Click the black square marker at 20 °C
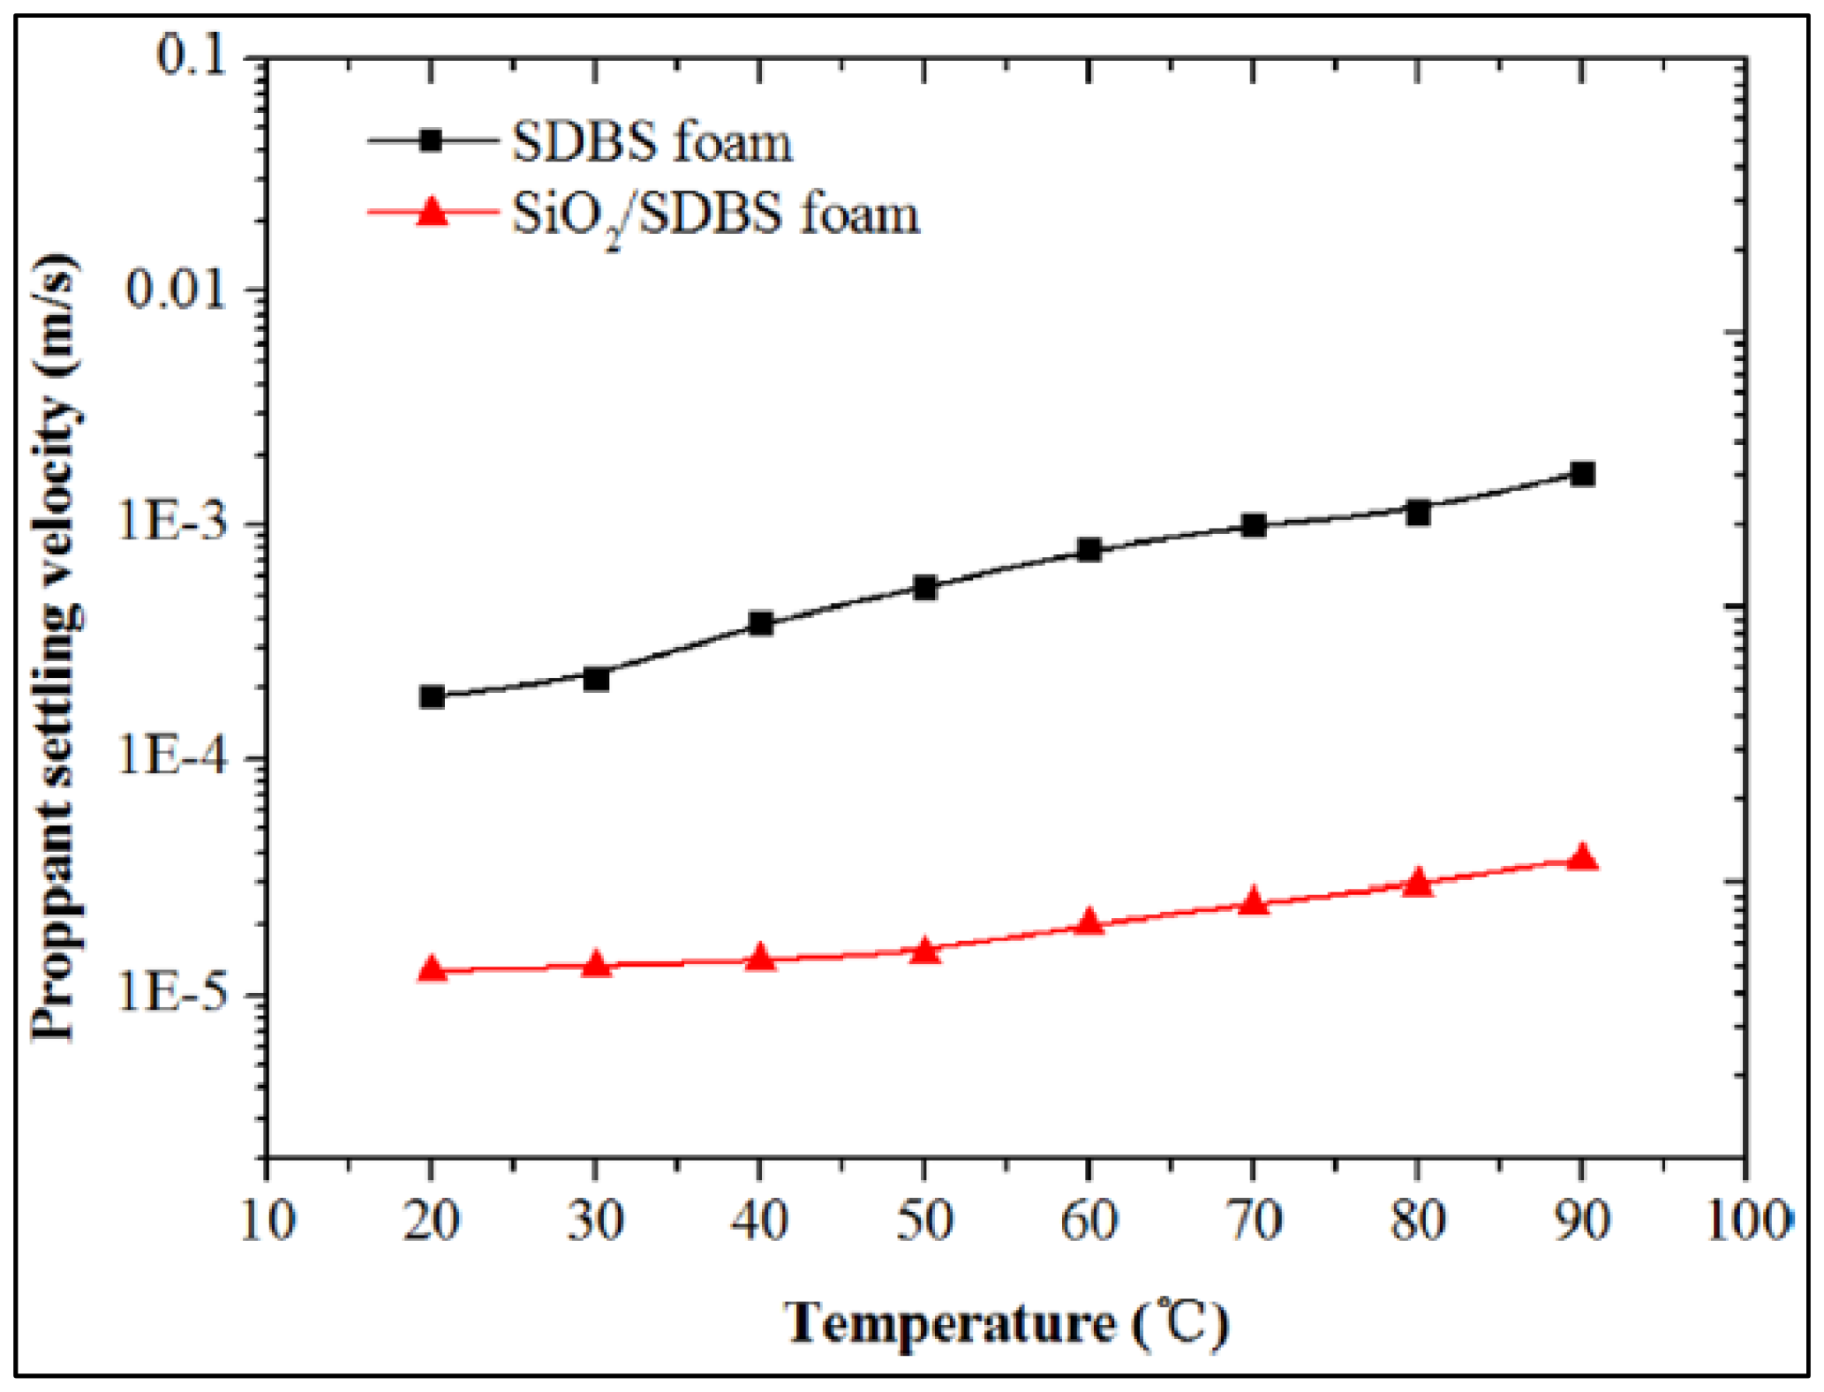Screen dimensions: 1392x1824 432,696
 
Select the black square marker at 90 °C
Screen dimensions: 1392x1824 1582,474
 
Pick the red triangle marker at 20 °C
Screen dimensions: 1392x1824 432,969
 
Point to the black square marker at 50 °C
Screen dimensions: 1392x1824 924,587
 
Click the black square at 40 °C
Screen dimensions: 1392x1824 760,623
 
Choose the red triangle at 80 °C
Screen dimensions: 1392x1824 1418,882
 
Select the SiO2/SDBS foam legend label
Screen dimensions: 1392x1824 715,214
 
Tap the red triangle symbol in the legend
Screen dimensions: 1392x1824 432,212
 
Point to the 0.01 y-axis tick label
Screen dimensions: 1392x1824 176,288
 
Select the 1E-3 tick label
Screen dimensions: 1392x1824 172,523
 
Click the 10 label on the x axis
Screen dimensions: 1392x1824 268,1222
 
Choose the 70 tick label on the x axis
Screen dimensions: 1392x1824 1253,1222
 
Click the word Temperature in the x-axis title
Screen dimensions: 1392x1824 949,1323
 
